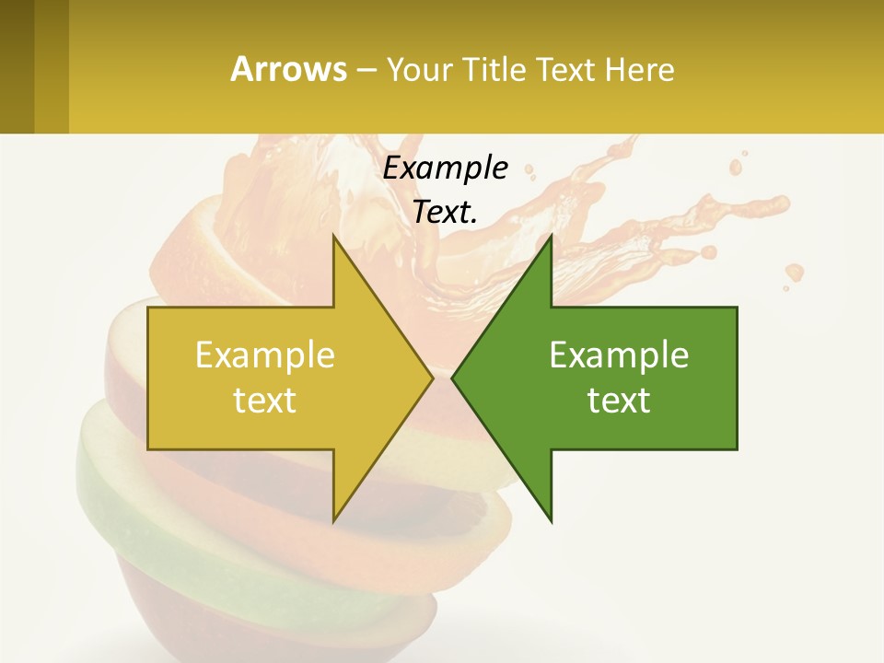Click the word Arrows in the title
coord(288,69)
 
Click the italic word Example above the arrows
coord(445,168)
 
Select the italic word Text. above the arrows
coord(445,212)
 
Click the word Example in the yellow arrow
coord(265,355)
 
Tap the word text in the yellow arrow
coord(265,400)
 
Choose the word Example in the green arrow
coord(619,355)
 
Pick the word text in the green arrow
coord(619,400)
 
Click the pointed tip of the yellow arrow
coord(432,378)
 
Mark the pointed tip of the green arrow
coord(453,378)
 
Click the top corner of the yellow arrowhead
coord(334,237)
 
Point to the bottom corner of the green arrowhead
coord(551,520)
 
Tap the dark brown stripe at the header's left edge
coord(17,66)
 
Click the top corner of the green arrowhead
coord(551,237)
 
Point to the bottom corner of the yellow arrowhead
coord(334,520)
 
